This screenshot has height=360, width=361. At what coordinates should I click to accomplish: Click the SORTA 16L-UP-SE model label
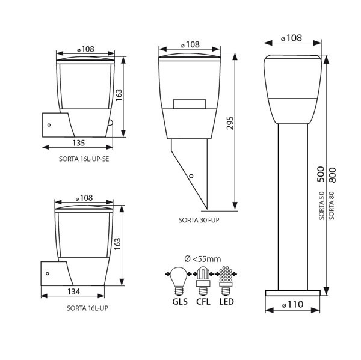pyautogui.click(x=84, y=159)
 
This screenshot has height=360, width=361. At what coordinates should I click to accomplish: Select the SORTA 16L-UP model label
pyautogui.click(x=87, y=308)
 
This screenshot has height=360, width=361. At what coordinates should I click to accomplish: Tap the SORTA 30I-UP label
pyautogui.click(x=199, y=220)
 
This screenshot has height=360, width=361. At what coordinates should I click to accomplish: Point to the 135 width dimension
pyautogui.click(x=79, y=143)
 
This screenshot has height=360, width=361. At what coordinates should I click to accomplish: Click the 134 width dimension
pyautogui.click(x=74, y=291)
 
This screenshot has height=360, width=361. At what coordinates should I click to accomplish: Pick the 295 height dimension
pyautogui.click(x=230, y=123)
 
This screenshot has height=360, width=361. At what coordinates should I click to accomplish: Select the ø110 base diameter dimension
pyautogui.click(x=292, y=305)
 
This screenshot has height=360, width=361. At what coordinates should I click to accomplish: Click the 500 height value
pyautogui.click(x=321, y=174)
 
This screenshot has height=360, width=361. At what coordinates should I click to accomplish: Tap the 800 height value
pyautogui.click(x=332, y=175)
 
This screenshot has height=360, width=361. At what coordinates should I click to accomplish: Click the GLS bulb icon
pyautogui.click(x=179, y=281)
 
